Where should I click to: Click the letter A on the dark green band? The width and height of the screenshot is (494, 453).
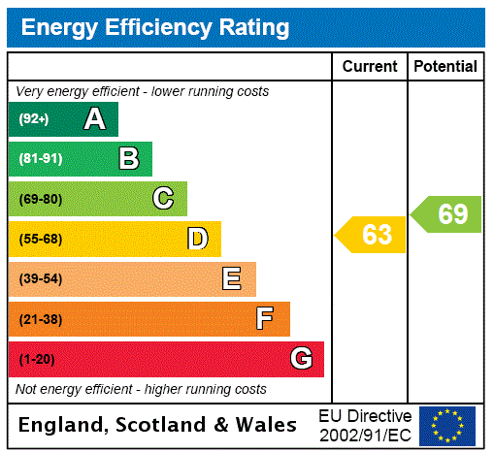tap(94, 119)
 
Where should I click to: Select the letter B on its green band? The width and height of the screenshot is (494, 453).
tap(128, 159)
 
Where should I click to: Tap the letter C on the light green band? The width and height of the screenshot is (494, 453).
tap(163, 199)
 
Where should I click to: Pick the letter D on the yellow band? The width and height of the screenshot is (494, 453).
tap(197, 239)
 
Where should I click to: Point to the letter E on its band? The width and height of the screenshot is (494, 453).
tap(232, 279)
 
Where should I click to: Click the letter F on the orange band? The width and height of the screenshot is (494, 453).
tap(265, 319)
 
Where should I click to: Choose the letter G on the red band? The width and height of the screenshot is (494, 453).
tap(301, 359)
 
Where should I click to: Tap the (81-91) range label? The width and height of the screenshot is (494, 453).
tap(40, 159)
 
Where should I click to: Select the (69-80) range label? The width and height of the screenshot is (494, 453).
tap(40, 199)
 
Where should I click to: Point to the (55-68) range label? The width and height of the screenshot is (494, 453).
tap(40, 240)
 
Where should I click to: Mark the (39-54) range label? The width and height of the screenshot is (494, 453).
tap(40, 279)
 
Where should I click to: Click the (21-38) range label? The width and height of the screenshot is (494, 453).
tap(40, 319)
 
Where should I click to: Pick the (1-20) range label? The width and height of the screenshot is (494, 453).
tap(37, 360)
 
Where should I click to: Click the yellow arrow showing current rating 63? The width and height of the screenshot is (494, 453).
tap(372, 235)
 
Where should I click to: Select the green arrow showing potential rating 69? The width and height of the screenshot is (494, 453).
tap(447, 214)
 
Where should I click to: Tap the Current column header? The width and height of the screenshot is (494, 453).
tap(370, 67)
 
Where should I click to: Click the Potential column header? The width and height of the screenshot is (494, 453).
tap(445, 67)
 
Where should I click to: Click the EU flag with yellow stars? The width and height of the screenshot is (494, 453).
tap(447, 425)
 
